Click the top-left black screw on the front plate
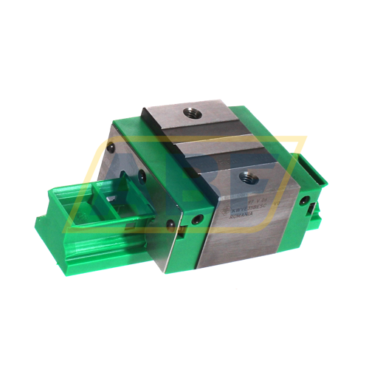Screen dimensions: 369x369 coord(111,148)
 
